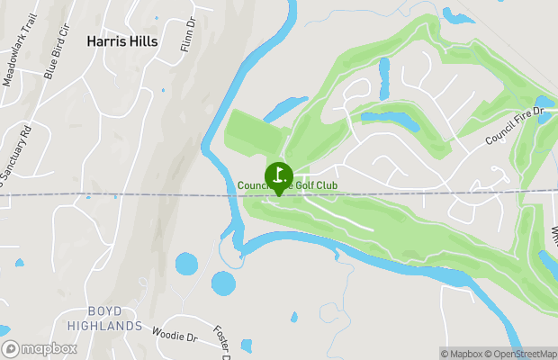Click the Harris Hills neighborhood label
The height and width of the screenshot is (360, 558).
pyautogui.click(x=122, y=40)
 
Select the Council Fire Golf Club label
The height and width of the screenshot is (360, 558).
pyautogui.click(x=288, y=186)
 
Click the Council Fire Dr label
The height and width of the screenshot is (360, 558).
pyautogui.click(x=516, y=126)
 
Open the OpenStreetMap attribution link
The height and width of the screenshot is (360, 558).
pyautogui.click(x=525, y=354)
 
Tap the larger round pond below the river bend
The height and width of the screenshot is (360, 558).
pyautogui.click(x=223, y=283)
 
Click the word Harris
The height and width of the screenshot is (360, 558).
pyautogui.click(x=105, y=40)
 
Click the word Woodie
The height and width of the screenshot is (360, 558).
pyautogui.click(x=167, y=336)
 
